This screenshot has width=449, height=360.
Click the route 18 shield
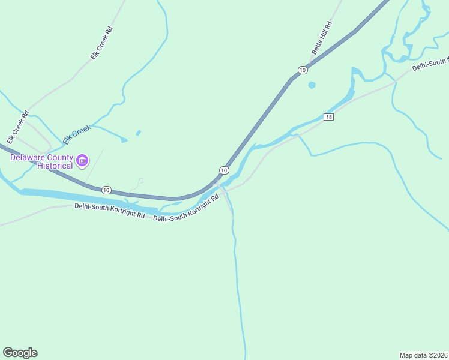[328, 116]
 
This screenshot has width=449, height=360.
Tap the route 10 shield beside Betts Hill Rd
[303, 70]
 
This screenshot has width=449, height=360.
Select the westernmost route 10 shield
[106, 190]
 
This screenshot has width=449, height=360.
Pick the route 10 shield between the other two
[223, 170]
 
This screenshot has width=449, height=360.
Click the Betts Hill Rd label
[321, 38]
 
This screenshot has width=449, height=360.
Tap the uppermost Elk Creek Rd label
[101, 42]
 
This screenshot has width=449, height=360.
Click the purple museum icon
[82, 161]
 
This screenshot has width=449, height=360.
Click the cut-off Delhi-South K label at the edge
[430, 64]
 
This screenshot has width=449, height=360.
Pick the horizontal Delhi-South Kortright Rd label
[109, 210]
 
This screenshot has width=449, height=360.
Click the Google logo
[20, 353]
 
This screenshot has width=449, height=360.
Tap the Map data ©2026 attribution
[423, 355]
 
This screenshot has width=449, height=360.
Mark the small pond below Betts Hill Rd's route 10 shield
[311, 85]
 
